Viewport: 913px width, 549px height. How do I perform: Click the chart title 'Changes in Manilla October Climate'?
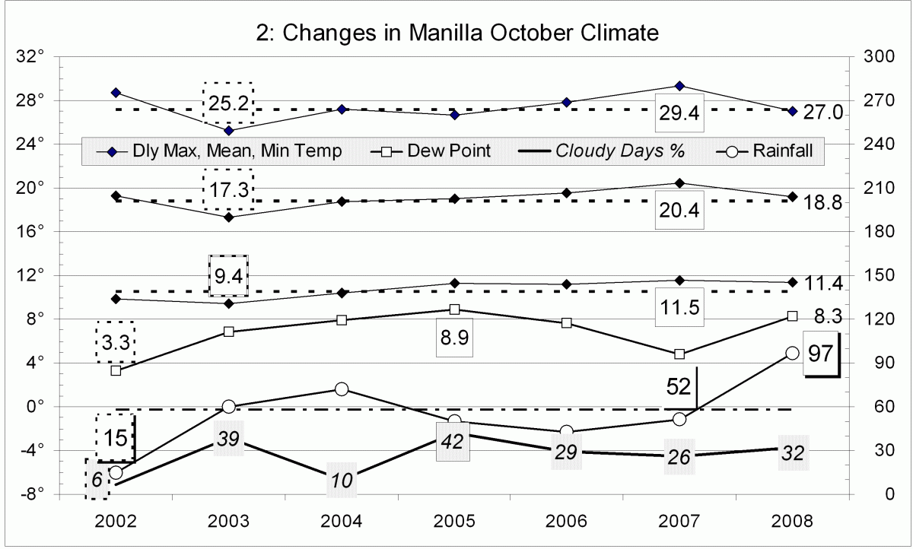pos(456,33)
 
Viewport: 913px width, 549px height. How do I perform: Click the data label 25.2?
pos(227,101)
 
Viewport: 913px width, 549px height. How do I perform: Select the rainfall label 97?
pos(820,356)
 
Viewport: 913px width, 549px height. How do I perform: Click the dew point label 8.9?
pos(454,338)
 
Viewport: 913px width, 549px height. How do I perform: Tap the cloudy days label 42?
pos(453,442)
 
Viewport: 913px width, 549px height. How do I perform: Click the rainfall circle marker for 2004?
pos(342,389)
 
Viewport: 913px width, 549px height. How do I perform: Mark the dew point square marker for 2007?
pos(679,354)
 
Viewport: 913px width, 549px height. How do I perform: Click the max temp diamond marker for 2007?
pos(679,86)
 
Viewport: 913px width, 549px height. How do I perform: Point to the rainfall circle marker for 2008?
pos(792,353)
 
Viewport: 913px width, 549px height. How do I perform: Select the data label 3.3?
pos(116,342)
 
